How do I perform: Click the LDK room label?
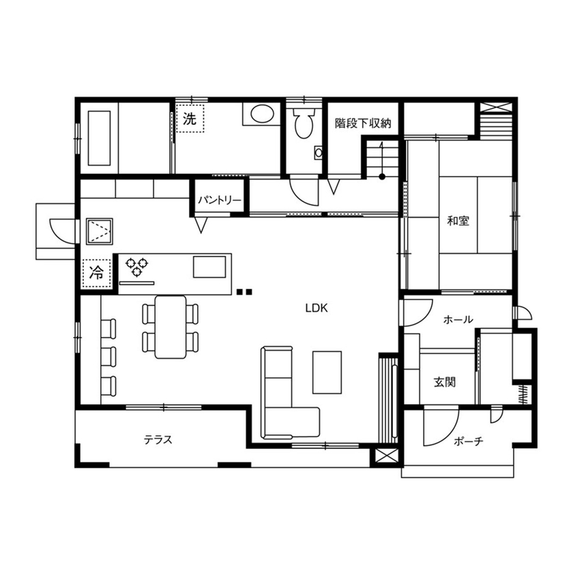(317, 308)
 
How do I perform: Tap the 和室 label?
(458, 221)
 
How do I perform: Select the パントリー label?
(219, 201)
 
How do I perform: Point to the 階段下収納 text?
(362, 123)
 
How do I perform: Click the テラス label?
(158, 439)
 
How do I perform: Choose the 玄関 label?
(444, 382)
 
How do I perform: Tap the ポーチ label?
(469, 441)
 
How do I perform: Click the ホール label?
(458, 319)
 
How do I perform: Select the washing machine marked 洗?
(190, 117)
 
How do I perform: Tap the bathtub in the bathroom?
(100, 138)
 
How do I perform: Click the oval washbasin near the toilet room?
(259, 115)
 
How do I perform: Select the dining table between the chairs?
(170, 326)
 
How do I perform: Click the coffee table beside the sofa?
(328, 371)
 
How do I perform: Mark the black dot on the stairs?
(382, 177)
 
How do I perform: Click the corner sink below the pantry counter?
(100, 231)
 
